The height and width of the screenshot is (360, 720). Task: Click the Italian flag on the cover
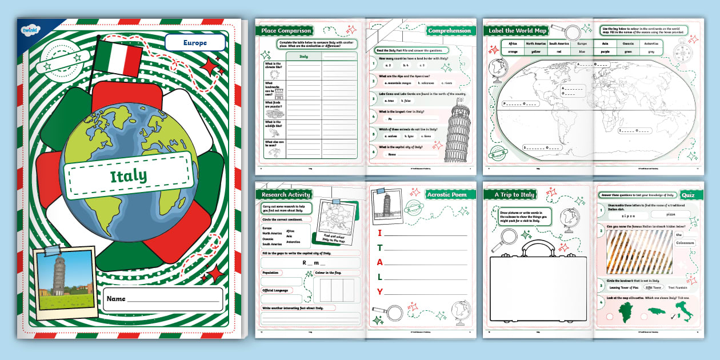pos(118,58)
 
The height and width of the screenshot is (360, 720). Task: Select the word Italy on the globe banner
pos(128,175)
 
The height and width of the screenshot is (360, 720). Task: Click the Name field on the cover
pos(163,299)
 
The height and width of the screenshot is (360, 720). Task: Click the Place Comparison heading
pos(286,30)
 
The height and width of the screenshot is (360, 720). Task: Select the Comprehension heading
pos(450,30)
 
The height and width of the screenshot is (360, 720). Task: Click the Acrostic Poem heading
pos(446,194)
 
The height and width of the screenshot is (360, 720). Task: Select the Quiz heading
pos(688,195)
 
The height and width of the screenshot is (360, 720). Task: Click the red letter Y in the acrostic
pos(379,291)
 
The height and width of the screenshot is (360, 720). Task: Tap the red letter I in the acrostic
pos(379,233)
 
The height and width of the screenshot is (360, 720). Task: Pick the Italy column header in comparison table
pos(303,57)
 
